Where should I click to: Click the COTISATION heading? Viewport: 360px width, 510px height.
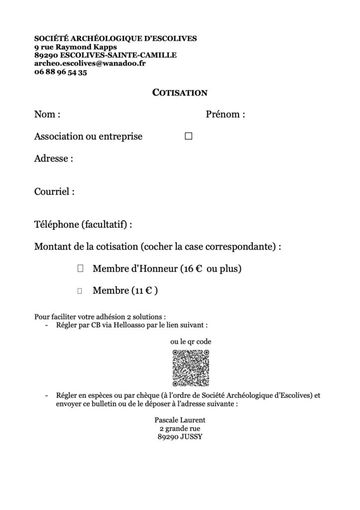(179, 92)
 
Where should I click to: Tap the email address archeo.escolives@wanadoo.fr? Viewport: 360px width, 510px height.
(83, 64)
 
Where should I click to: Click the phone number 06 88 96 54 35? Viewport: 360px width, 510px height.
(61, 72)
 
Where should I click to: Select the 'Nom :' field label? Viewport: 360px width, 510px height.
(47, 115)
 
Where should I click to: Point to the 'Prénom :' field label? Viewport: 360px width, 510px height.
(226, 115)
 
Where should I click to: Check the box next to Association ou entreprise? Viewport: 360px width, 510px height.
(188, 136)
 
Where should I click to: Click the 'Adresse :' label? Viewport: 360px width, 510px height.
(54, 159)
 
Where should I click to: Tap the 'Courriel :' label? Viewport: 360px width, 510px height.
(54, 191)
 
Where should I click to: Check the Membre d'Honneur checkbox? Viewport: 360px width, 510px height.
(80, 269)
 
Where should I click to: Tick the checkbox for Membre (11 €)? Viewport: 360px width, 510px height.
(80, 291)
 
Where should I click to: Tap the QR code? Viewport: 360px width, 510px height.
(191, 368)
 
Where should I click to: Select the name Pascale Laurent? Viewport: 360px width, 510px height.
(180, 419)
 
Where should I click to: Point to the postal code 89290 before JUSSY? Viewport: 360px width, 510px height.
(167, 437)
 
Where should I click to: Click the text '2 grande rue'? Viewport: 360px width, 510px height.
(180, 428)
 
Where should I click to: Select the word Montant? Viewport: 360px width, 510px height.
(52, 247)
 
